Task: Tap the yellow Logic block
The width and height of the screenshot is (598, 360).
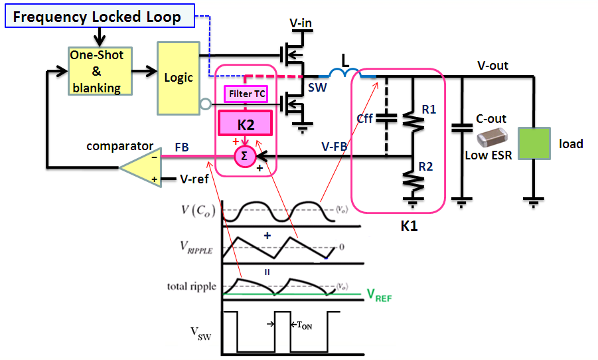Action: coord(178,78)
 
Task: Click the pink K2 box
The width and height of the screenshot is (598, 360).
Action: coord(246,124)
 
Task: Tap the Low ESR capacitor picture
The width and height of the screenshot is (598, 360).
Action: coord(492,137)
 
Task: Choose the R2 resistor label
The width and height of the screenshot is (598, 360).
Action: coord(429,167)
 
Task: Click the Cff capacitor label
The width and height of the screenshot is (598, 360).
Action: coord(365,119)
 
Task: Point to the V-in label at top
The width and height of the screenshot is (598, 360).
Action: coord(301,25)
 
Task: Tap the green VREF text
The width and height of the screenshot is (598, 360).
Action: coord(380,296)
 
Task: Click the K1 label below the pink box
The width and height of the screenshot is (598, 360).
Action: coord(409,227)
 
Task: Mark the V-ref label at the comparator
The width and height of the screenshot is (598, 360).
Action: coord(196,179)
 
